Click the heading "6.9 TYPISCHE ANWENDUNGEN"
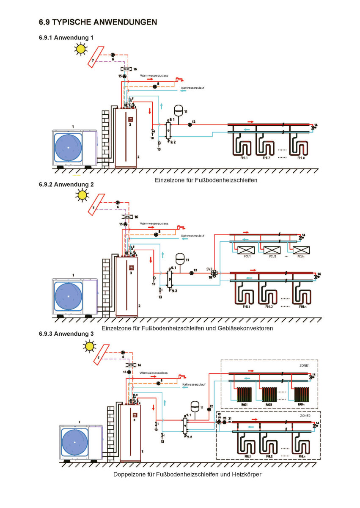pos(98,22)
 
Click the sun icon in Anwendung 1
pos(80,49)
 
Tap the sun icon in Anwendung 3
pos(89,346)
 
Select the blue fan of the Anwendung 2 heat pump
pos(69,295)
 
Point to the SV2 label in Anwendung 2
pos(209,269)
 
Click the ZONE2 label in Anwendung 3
pos(306,416)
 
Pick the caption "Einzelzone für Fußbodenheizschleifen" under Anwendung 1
pos(206,180)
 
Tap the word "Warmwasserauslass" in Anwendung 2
pos(154,224)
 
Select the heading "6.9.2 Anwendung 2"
pos(66,185)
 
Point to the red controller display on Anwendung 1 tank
pos(131,119)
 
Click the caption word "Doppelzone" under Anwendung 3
pos(127,475)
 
